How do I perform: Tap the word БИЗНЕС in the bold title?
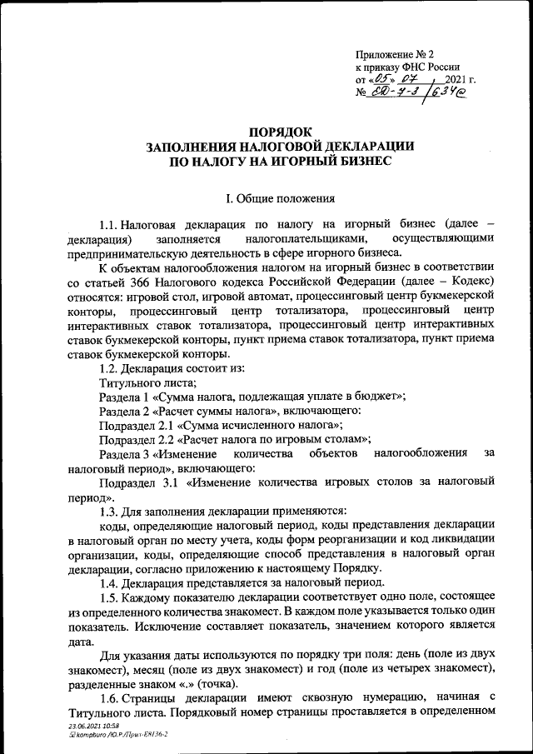[x=355, y=160]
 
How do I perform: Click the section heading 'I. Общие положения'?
[x=280, y=198]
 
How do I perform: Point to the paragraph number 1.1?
[x=108, y=225]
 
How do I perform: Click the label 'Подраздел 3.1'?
[x=137, y=482]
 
